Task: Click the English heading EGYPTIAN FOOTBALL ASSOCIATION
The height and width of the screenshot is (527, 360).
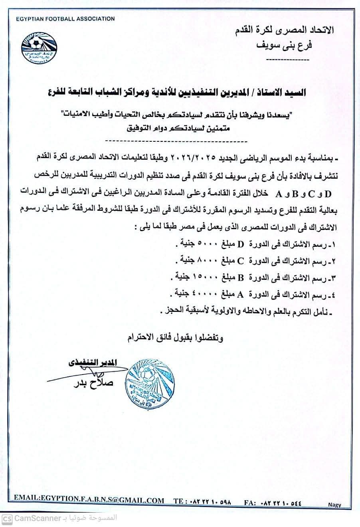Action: (x=65, y=19)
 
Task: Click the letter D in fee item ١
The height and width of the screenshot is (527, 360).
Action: (x=240, y=244)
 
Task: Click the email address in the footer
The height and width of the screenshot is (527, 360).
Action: (x=89, y=500)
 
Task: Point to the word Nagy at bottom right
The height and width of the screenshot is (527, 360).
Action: (x=334, y=505)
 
